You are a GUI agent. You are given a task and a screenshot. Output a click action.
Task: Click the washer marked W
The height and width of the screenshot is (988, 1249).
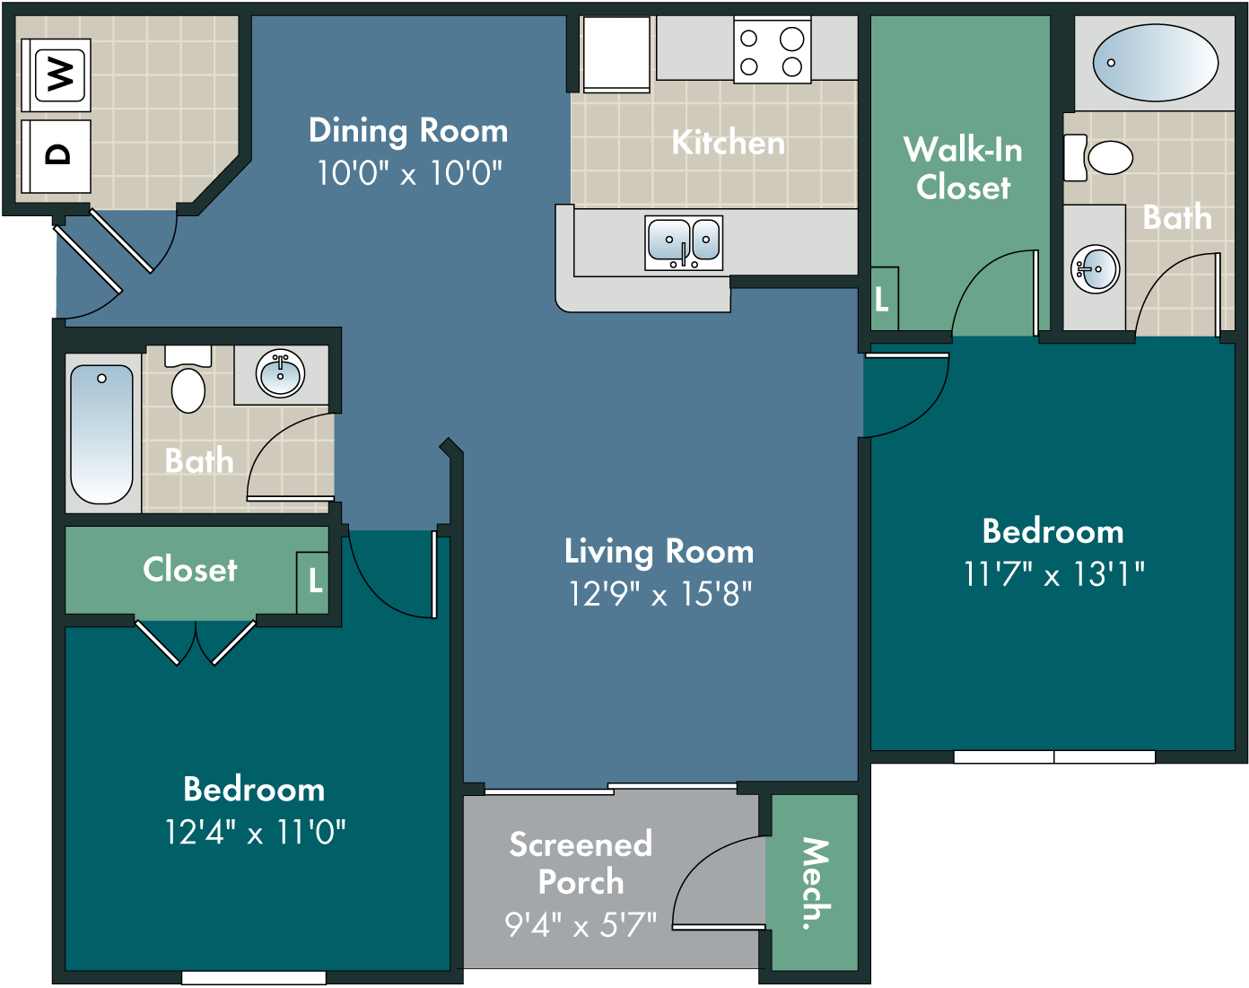click(x=56, y=74)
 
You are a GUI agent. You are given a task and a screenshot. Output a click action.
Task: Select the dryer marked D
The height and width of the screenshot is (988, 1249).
click(x=56, y=155)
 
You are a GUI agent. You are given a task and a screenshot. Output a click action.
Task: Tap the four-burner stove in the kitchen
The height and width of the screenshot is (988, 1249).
click(x=772, y=50)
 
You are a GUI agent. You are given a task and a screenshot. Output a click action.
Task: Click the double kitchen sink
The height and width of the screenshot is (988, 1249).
click(x=684, y=242)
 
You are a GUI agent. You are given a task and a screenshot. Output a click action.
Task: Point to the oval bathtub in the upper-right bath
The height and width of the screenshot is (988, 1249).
click(x=1155, y=63)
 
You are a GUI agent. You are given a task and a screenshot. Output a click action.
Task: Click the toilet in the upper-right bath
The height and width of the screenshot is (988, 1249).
click(x=1098, y=157)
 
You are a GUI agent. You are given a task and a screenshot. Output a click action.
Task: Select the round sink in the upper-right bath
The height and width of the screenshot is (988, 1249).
click(x=1095, y=269)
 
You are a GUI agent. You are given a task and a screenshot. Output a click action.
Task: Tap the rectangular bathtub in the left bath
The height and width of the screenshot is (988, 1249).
click(x=101, y=433)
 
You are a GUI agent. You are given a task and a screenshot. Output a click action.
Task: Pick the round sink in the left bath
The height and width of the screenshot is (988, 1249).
click(x=280, y=373)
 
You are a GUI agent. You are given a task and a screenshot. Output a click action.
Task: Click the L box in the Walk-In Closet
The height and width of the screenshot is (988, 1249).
click(x=884, y=298)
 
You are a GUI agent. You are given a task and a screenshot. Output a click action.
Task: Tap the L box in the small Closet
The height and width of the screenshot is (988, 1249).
click(x=313, y=582)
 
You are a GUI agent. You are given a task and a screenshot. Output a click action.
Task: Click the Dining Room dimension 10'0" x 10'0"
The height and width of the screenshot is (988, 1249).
click(x=409, y=172)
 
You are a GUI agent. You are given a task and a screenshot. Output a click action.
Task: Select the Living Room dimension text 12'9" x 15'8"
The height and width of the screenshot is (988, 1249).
click(x=659, y=594)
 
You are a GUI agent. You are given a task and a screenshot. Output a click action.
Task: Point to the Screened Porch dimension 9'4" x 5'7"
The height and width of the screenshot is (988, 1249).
click(x=581, y=924)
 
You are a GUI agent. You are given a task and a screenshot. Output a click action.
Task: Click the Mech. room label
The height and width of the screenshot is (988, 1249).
click(x=816, y=884)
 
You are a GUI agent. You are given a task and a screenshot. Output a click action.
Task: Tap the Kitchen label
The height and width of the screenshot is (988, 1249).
click(x=729, y=142)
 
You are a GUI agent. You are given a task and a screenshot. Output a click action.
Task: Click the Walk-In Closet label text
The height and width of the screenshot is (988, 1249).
click(x=963, y=169)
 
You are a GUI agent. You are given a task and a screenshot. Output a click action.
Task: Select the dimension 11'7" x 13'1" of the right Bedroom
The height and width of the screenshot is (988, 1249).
click(x=1053, y=574)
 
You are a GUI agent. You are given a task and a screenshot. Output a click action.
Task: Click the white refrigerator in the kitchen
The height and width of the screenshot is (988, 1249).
click(x=616, y=55)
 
